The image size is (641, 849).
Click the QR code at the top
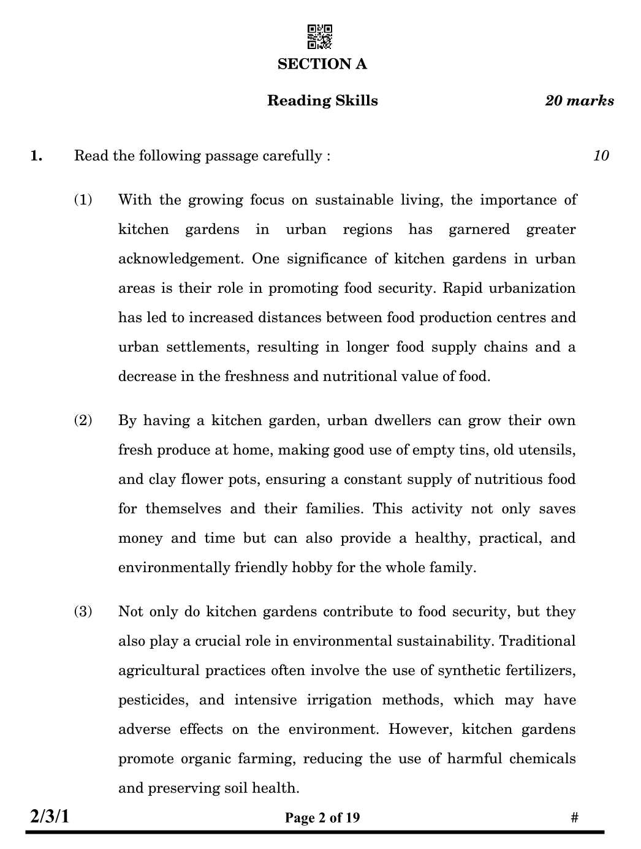pos(319,37)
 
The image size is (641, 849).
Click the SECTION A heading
pos(322,64)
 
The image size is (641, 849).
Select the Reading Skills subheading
pos(322,101)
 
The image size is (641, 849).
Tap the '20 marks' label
pos(579,101)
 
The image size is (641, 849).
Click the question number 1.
pos(37,156)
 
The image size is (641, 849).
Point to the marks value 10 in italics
pos(601,156)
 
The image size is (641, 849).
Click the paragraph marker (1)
pos(83,200)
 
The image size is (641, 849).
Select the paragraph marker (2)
pos(83,420)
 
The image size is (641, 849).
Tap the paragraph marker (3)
pos(83,611)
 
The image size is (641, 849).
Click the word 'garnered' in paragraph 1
pos(479,230)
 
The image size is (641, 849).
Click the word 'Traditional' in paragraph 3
pos(537,641)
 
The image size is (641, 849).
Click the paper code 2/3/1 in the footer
pos(50,817)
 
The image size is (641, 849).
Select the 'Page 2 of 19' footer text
pos(322,818)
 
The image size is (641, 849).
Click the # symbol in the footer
pos(574,818)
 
